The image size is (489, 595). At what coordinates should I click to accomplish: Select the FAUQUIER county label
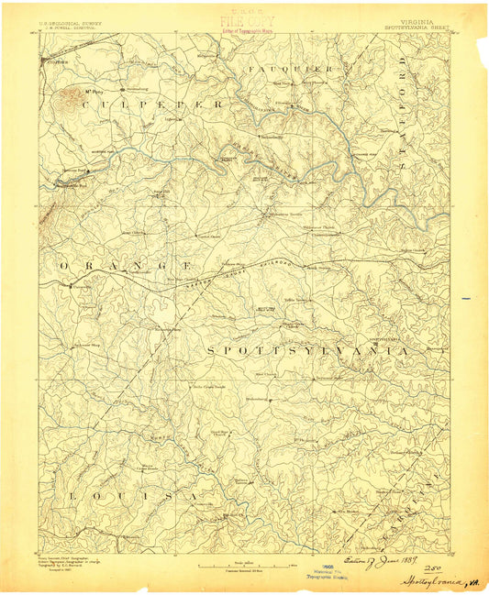coord(289,69)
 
